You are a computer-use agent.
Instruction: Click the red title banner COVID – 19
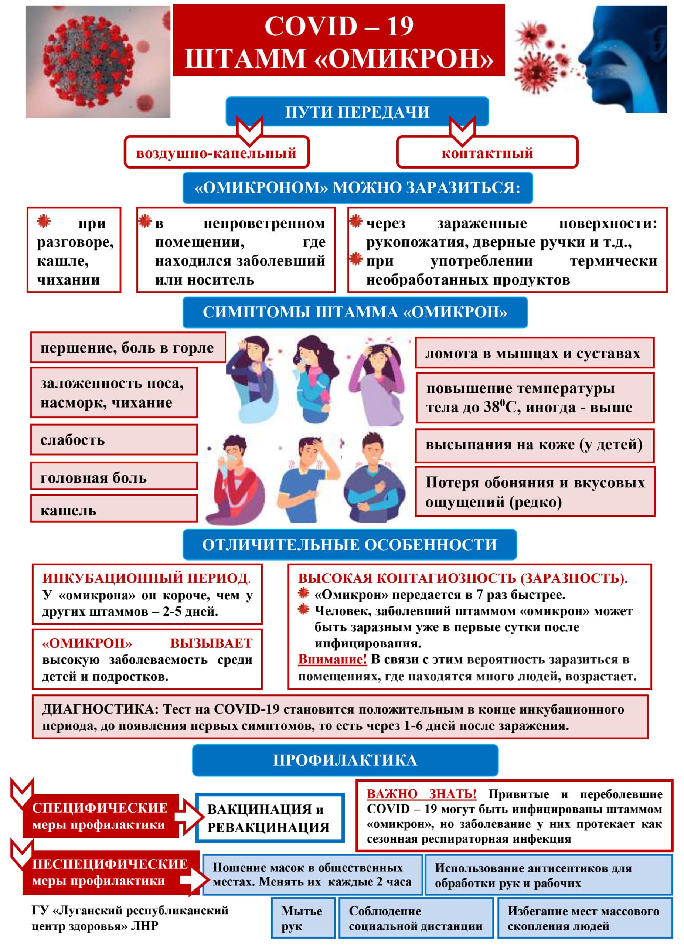tap(338, 40)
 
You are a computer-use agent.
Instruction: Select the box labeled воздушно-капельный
tap(216, 153)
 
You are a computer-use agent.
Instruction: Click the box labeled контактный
tap(487, 153)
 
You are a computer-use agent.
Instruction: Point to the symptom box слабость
tap(113, 440)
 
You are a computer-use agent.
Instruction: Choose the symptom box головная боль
tap(113, 477)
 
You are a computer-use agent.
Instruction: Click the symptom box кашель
tap(113, 510)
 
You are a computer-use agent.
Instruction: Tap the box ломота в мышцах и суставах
tap(534, 353)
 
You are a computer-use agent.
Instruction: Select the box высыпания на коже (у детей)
tap(534, 445)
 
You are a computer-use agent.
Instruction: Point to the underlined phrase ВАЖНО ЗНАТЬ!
tap(421, 794)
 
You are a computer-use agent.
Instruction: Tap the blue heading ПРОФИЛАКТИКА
tap(345, 760)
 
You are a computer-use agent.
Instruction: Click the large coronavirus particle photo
tap(98, 61)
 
